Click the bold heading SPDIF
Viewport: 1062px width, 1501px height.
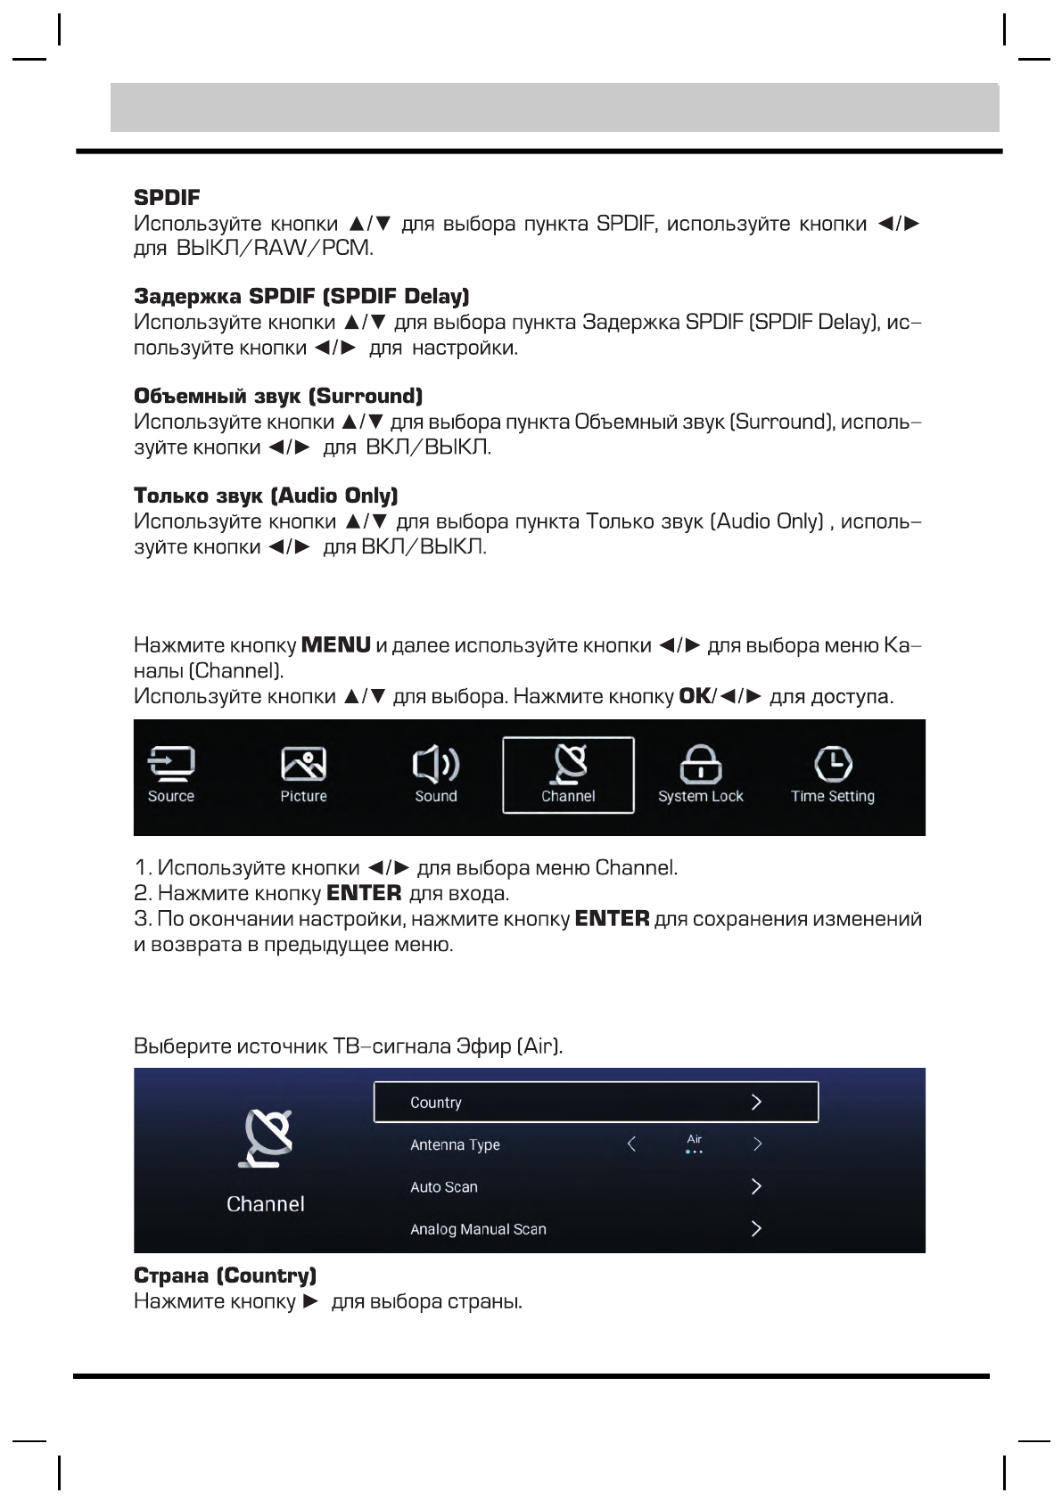tap(167, 196)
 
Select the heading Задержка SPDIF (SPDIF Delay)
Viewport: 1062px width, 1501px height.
tap(301, 296)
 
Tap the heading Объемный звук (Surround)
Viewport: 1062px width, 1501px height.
tap(277, 396)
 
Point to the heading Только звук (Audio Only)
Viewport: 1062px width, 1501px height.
tap(266, 496)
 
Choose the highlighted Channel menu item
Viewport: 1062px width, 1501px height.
tap(568, 775)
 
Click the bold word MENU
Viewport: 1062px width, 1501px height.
tap(336, 644)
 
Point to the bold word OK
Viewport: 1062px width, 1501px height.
tap(694, 695)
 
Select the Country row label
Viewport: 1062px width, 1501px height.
tap(435, 1103)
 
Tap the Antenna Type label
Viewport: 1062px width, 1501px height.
tap(455, 1144)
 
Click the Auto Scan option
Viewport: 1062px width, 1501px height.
tap(443, 1187)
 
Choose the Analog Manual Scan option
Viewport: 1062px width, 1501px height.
tap(478, 1229)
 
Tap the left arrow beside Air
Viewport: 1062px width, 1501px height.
tap(631, 1144)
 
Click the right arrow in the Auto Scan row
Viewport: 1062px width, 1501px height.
tap(756, 1186)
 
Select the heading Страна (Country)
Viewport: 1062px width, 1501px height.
tap(225, 1275)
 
